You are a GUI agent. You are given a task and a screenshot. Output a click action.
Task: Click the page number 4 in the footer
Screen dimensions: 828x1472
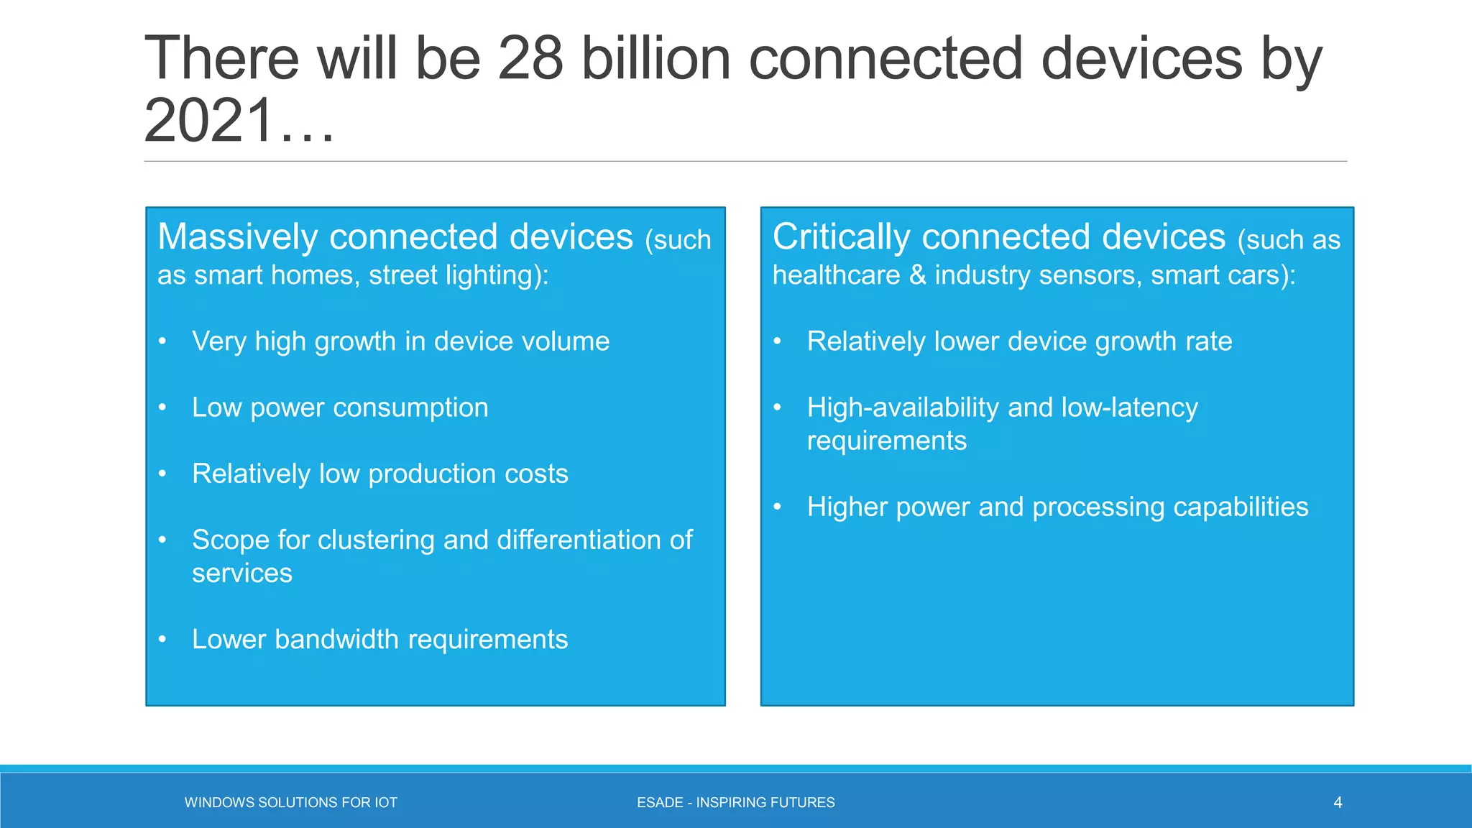point(1338,802)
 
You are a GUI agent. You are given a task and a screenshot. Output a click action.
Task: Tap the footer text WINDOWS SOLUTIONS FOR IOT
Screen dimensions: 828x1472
point(290,802)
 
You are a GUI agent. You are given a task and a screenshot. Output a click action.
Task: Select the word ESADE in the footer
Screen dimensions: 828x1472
point(660,802)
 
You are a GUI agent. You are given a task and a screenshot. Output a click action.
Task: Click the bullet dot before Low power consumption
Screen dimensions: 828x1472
point(163,408)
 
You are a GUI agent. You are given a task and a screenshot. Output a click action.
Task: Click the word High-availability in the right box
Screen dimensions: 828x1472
point(903,408)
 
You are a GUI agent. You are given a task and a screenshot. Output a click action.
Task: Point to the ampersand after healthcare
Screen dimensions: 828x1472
point(917,275)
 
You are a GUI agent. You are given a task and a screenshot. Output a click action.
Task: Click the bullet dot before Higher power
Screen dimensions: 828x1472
point(778,507)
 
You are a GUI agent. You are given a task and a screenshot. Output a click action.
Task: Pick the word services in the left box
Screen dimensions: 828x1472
point(242,574)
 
